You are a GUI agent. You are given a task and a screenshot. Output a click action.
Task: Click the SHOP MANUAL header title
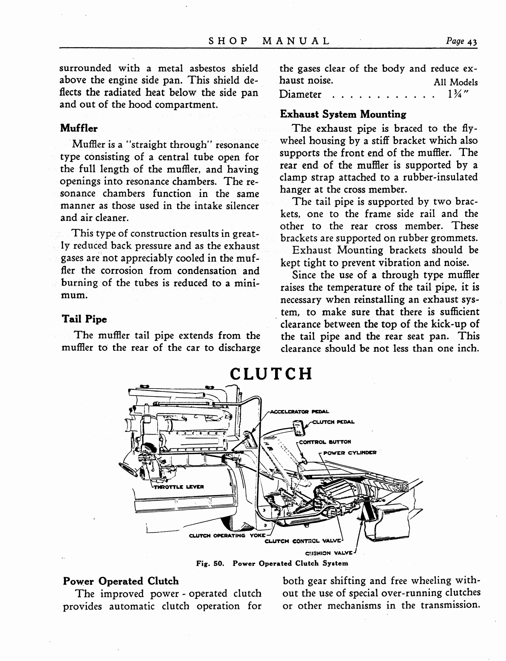(x=269, y=41)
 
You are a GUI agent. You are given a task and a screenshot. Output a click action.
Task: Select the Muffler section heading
(x=79, y=128)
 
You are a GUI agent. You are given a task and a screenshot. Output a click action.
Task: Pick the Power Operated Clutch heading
(x=121, y=581)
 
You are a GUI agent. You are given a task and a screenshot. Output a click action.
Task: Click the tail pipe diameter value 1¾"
(x=458, y=95)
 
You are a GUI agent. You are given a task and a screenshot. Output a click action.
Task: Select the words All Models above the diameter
(x=455, y=82)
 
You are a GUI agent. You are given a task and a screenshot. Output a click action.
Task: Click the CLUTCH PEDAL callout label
(x=333, y=422)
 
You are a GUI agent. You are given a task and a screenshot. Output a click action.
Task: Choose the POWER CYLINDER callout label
(x=350, y=453)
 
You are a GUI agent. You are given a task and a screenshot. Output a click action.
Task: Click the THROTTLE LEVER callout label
(x=179, y=487)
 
